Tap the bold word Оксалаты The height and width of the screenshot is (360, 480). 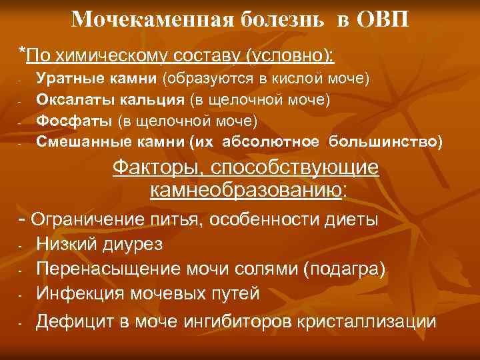[x=69, y=99]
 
